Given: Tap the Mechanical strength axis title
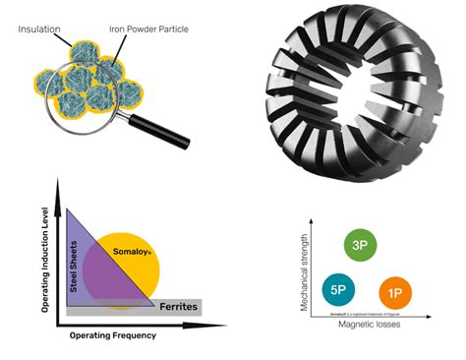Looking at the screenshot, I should pos(305,271).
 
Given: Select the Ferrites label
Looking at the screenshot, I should pos(179,307).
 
